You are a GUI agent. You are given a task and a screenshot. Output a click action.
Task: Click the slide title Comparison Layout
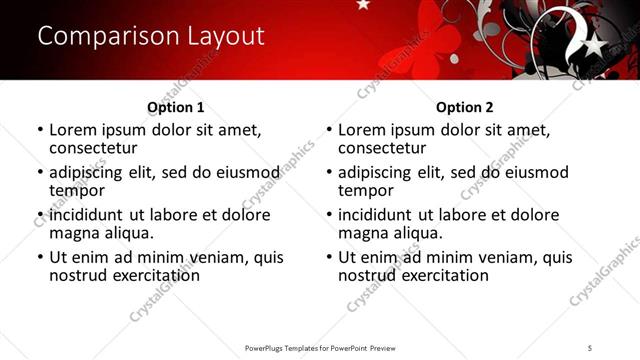pyautogui.click(x=150, y=36)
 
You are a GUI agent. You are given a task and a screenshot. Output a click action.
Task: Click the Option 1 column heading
pyautogui.click(x=175, y=107)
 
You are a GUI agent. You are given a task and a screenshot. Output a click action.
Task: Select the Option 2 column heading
pyautogui.click(x=464, y=107)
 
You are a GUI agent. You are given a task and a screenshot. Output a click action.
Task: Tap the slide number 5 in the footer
pyautogui.click(x=590, y=347)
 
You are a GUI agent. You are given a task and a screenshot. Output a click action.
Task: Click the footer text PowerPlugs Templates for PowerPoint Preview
pyautogui.click(x=319, y=347)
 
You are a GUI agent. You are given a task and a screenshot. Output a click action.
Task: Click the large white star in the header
pyautogui.click(x=592, y=44)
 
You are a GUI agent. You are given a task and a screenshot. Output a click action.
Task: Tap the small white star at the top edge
pyautogui.click(x=362, y=5)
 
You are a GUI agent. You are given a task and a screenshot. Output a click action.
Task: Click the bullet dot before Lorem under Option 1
pyautogui.click(x=40, y=130)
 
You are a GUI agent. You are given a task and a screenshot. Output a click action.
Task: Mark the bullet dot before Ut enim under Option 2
pyautogui.click(x=329, y=257)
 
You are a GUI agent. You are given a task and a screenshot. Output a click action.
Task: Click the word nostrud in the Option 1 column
pyautogui.click(x=78, y=275)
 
